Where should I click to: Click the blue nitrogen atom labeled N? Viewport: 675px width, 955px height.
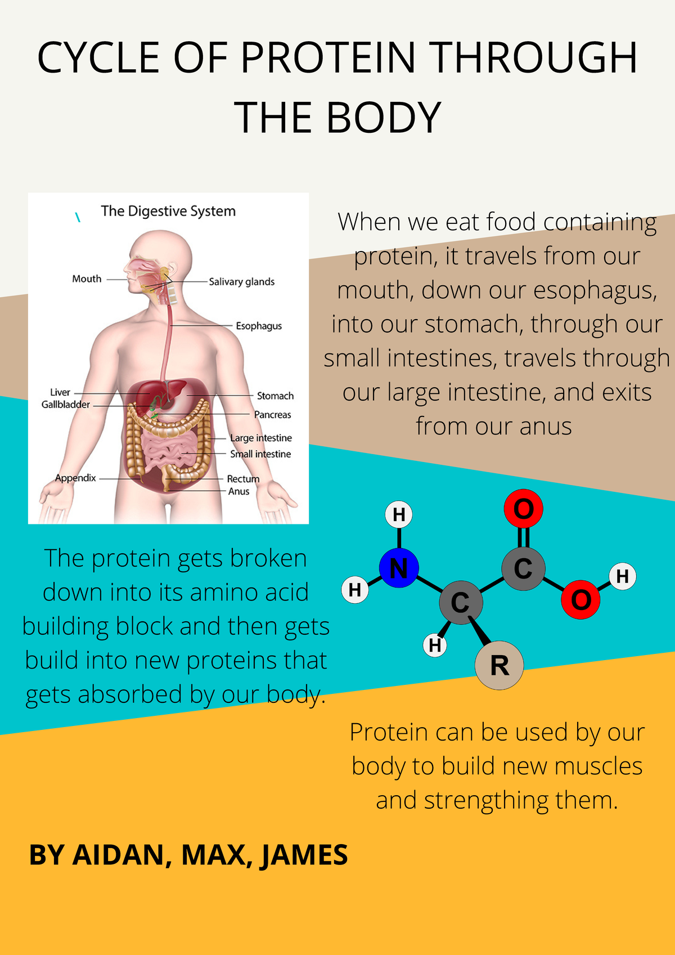[x=399, y=568]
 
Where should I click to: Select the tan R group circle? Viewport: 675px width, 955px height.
[x=499, y=665]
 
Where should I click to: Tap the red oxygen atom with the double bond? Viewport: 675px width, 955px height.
[x=523, y=509]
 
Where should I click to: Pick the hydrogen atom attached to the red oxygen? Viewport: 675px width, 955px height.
[x=622, y=576]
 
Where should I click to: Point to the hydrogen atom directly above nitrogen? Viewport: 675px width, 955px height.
[x=399, y=514]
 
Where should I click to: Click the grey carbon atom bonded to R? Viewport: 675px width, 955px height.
[x=461, y=603]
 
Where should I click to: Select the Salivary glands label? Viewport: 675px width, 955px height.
[x=242, y=282]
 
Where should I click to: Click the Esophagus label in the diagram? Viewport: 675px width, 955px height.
[x=259, y=326]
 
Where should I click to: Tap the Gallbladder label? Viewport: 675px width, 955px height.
[x=66, y=405]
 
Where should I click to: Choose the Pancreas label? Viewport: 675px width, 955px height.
[x=273, y=415]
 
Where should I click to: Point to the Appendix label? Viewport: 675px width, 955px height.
[x=76, y=478]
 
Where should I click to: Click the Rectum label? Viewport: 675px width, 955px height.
[x=243, y=479]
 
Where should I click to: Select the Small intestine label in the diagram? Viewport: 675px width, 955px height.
[x=260, y=454]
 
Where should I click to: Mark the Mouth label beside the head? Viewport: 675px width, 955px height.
[x=87, y=279]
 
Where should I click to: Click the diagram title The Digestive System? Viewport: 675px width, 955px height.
[x=168, y=212]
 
